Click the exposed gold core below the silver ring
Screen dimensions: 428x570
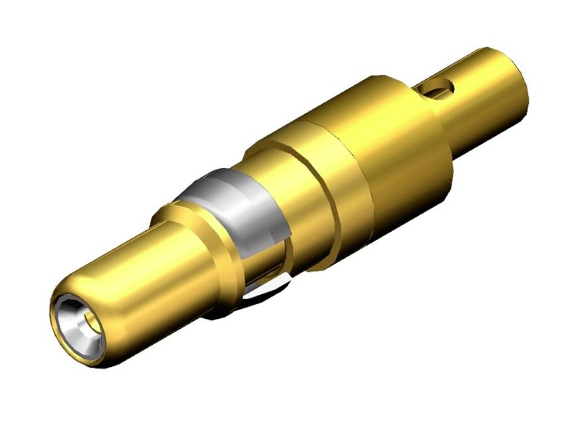[267, 262]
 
